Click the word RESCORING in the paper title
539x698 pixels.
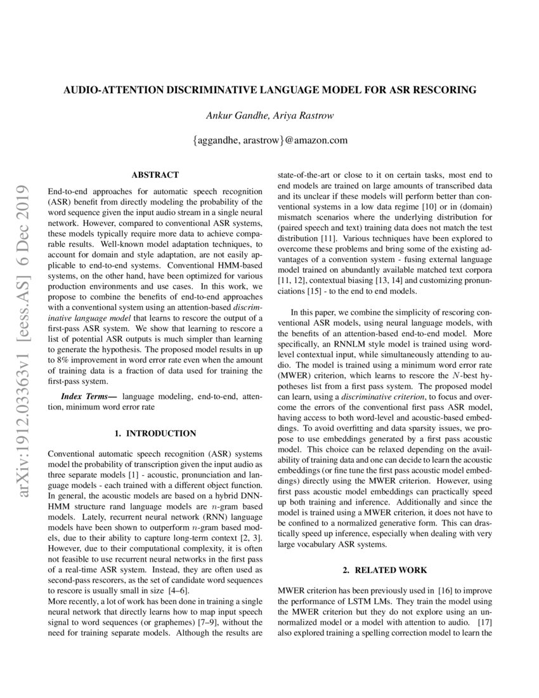point(445,90)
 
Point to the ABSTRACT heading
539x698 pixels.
point(155,174)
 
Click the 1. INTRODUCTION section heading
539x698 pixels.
point(155,433)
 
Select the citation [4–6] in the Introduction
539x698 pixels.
point(180,589)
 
